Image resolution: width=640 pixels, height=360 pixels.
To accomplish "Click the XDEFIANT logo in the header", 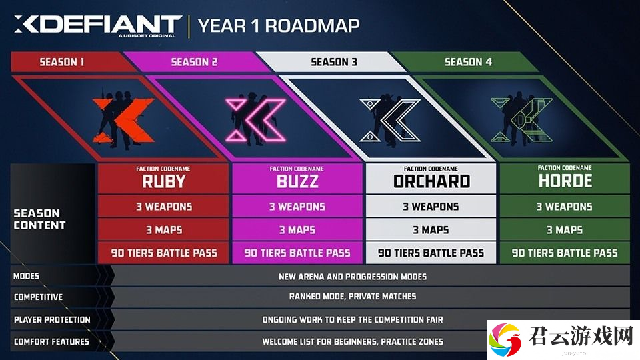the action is point(98,25).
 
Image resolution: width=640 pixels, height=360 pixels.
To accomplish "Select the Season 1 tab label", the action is point(61,62).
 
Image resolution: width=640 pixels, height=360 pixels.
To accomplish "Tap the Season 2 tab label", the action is point(194,62).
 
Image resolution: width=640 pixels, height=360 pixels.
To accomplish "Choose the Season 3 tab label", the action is point(334,62).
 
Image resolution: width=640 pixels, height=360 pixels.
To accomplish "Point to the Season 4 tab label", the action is point(468,62).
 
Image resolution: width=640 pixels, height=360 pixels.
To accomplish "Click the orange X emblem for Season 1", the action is point(123,121).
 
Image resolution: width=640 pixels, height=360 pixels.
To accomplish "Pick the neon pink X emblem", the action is point(256,120).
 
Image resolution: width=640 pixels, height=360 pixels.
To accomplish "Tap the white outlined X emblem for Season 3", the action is point(390,120).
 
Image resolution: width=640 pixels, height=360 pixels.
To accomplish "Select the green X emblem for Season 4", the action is point(521,120).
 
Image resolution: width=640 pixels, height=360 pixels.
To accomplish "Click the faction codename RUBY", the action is point(164,181).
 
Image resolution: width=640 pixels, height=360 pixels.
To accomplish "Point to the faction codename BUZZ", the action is point(297,181).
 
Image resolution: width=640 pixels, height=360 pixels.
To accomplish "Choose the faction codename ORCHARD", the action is point(431,181).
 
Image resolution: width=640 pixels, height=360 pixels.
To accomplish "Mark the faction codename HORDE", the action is point(565,181).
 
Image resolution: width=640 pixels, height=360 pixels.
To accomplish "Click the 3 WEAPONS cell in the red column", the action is point(164,207).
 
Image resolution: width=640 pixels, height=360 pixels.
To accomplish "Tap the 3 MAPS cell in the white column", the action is point(431,230).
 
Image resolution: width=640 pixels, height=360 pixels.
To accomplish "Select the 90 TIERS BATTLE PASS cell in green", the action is point(565,253).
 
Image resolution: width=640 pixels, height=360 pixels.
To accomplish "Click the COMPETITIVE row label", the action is point(39,297).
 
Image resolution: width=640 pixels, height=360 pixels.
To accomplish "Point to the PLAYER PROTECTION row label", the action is point(52,319).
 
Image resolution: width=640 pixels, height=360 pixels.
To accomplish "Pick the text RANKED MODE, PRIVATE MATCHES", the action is point(353,296).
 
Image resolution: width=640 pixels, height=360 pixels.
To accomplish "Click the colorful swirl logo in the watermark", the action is point(505,339).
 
